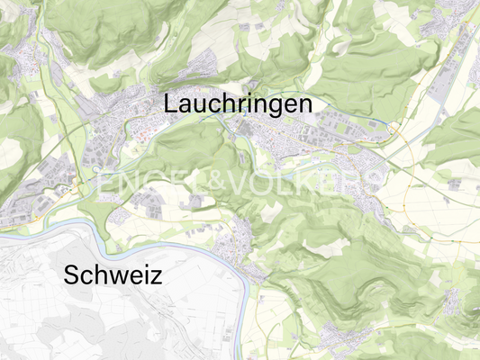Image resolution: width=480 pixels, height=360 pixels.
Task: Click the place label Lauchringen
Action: (238, 104)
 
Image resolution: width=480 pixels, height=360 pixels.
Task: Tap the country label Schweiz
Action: (113, 275)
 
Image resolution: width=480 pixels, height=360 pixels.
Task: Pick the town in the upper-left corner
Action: (23, 63)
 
